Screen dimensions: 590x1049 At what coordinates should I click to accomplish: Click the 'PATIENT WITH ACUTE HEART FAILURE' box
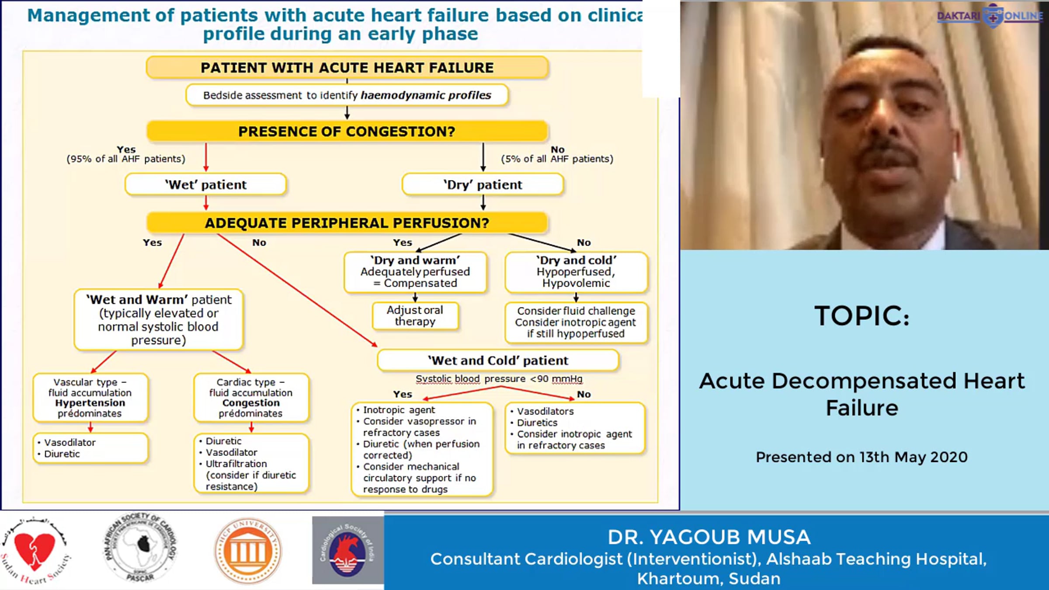(x=347, y=68)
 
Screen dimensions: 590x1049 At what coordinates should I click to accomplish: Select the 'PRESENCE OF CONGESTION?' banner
(x=347, y=131)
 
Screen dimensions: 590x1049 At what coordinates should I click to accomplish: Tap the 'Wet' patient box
(x=206, y=184)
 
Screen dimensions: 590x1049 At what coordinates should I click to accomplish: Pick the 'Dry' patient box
(x=483, y=184)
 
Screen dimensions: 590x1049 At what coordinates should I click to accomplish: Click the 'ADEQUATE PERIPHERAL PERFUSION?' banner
(x=347, y=223)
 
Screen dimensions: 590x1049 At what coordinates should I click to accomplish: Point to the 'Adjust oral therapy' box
(x=415, y=316)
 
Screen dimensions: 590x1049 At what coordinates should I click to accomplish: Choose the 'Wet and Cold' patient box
(x=498, y=361)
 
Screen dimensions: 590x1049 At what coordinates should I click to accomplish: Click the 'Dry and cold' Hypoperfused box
(x=576, y=272)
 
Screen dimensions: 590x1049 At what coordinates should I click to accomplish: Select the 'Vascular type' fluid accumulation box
(x=90, y=397)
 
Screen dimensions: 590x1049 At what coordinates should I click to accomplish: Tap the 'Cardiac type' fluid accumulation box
(x=251, y=397)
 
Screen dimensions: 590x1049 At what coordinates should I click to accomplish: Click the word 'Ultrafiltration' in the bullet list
(x=236, y=464)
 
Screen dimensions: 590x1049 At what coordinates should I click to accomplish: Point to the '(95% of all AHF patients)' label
(x=126, y=159)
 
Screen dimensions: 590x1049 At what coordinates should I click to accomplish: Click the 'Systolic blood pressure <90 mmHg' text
(x=499, y=379)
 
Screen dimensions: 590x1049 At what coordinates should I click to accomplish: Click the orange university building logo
(x=248, y=551)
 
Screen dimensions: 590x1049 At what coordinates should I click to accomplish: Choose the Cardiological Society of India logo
(x=347, y=551)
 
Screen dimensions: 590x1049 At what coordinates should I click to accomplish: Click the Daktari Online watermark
(x=990, y=16)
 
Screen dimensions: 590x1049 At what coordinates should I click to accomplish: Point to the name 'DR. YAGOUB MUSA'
(x=709, y=537)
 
